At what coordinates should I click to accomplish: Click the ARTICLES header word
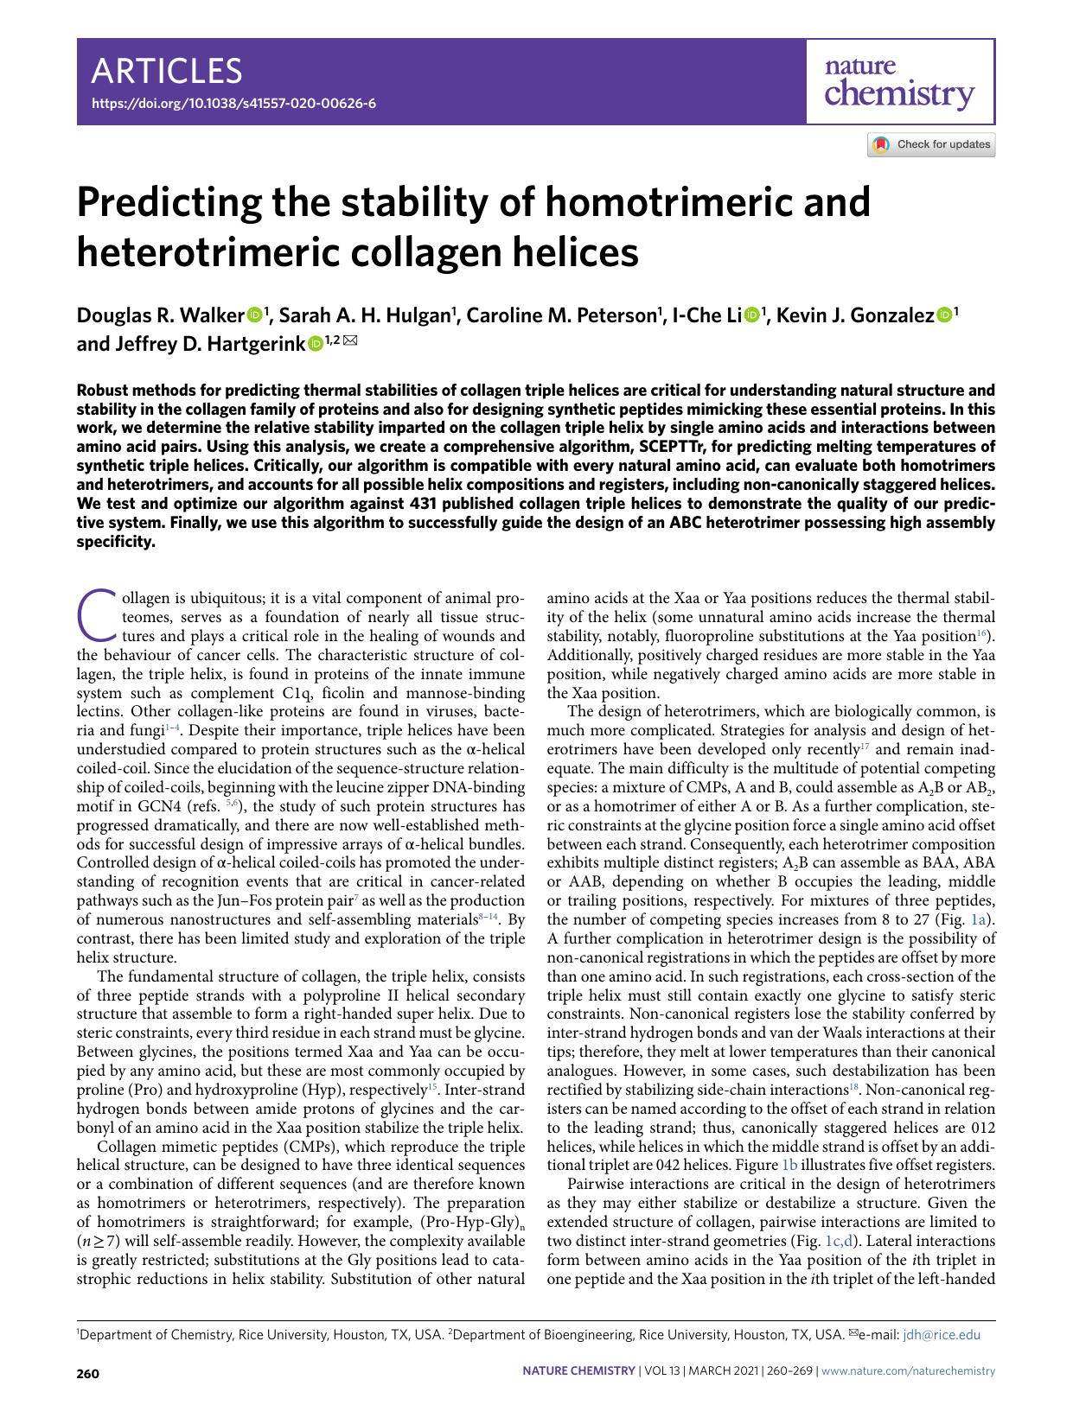[167, 70]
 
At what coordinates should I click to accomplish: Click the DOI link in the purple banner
[233, 103]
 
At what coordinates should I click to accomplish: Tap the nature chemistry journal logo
[899, 84]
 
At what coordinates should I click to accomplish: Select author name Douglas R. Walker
[161, 315]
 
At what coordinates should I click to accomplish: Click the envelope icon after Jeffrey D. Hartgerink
[349, 342]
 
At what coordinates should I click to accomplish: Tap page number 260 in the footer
[88, 1371]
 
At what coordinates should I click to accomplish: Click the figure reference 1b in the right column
[789, 1165]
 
